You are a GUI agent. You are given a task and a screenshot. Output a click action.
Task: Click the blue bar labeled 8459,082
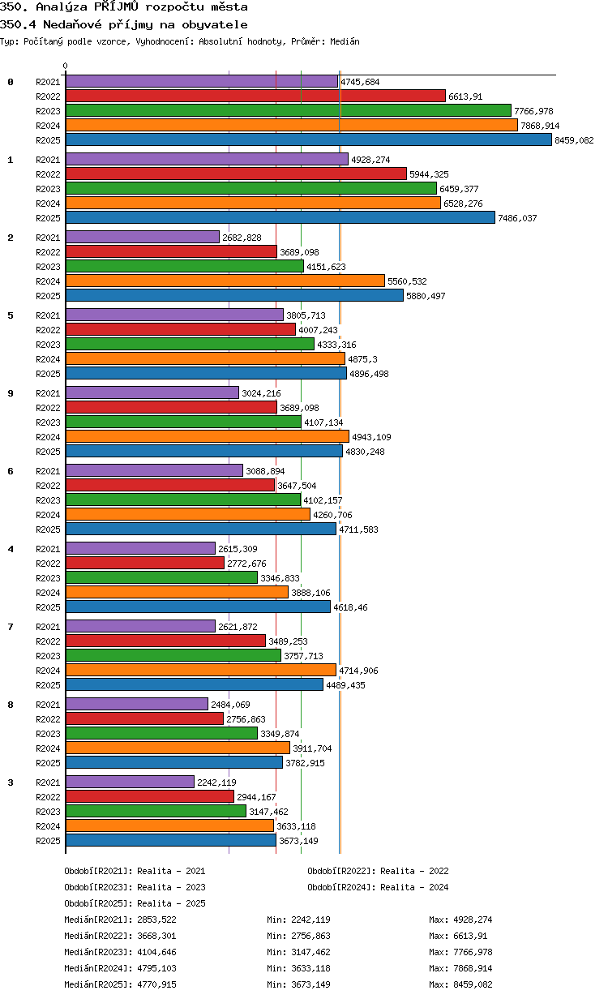[308, 140]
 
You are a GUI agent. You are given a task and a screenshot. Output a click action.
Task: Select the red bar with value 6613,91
[255, 96]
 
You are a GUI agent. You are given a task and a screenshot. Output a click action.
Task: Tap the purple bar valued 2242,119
[130, 782]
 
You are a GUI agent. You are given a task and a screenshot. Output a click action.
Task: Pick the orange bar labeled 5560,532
[225, 281]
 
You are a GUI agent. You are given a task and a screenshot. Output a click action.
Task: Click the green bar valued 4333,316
[190, 345]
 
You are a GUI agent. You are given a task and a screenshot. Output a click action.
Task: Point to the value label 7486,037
[517, 218]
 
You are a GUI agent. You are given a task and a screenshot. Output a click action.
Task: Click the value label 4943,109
[371, 437]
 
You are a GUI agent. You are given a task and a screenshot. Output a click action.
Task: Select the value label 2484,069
[230, 705]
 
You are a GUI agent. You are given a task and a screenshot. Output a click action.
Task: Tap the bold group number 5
[11, 315]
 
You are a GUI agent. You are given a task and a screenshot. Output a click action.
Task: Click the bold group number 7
[11, 627]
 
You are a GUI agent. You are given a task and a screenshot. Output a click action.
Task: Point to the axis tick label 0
[66, 66]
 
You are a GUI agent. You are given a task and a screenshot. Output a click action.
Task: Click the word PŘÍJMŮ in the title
[116, 6]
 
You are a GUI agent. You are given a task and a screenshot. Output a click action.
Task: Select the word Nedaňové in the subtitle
[72, 24]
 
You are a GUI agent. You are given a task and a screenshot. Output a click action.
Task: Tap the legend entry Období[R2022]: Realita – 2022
[378, 871]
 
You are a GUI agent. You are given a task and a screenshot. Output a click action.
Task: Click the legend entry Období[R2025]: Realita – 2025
[135, 903]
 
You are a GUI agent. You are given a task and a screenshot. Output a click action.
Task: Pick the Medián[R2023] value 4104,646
[156, 952]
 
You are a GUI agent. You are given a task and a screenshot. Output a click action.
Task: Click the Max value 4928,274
[473, 920]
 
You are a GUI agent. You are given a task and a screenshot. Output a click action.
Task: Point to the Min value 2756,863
[310, 936]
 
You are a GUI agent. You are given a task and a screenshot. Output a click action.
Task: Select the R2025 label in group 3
[48, 841]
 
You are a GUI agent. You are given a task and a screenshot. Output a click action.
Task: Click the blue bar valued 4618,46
[198, 607]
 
